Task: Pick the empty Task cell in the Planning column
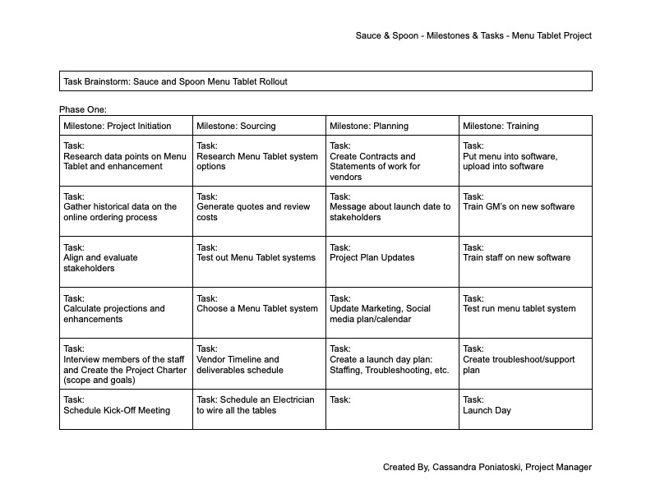tap(392, 408)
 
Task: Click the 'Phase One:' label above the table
tap(83, 109)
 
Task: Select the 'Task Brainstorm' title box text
tap(175, 81)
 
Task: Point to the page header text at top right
tap(473, 35)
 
